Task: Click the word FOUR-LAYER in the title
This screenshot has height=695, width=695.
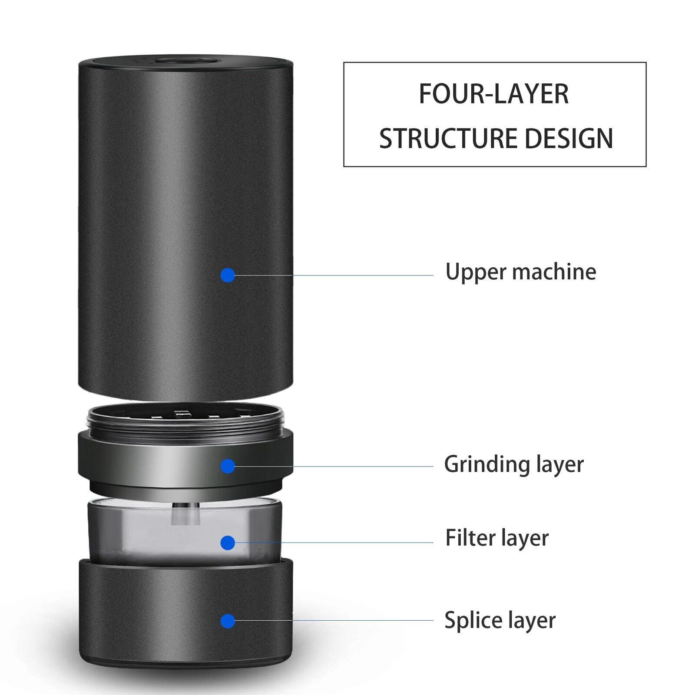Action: [x=493, y=94]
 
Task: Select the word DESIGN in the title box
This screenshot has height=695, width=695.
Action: [x=569, y=139]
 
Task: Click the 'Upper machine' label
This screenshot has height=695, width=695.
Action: [x=520, y=272]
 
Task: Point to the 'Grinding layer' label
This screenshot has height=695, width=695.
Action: [x=513, y=464]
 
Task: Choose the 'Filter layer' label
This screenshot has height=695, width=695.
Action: [x=497, y=538]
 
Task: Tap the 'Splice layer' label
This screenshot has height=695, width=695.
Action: [x=500, y=620]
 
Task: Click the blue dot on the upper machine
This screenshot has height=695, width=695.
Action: [x=228, y=275]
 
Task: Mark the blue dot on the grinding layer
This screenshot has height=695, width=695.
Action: [x=228, y=467]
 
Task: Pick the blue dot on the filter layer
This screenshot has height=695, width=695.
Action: [x=228, y=543]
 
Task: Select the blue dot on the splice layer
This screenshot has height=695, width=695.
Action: [x=228, y=621]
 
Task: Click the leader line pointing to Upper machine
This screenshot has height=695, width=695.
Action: [x=334, y=275]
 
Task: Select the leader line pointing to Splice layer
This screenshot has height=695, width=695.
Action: [x=334, y=620]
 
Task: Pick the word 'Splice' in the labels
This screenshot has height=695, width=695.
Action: [x=472, y=620]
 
